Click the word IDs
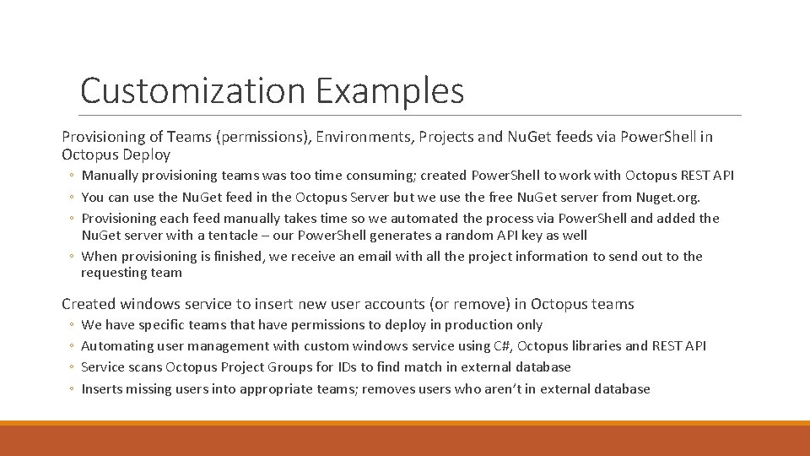(x=344, y=367)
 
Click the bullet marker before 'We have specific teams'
(x=72, y=325)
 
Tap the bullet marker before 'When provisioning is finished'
(x=72, y=257)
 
